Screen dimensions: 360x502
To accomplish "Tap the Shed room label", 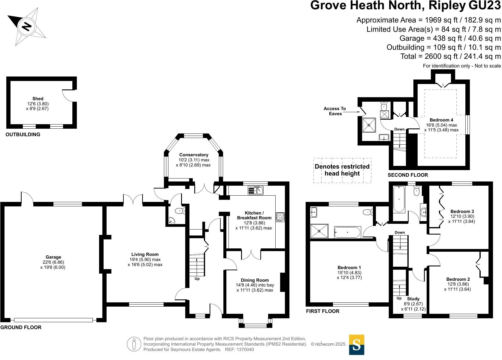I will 38,99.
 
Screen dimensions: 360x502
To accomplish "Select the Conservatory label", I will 194,155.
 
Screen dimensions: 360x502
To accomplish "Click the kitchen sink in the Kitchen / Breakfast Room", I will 255,190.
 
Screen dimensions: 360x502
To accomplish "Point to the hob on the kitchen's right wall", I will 280,217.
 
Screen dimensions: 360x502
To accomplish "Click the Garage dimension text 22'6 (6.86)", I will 53,262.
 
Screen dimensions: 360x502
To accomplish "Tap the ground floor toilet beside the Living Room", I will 180,211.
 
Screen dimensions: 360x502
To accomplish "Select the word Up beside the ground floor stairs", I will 197,279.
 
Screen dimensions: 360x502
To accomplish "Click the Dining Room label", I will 255,280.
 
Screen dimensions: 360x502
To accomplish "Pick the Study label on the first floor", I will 413,299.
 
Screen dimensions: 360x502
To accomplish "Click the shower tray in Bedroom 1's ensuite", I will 319,231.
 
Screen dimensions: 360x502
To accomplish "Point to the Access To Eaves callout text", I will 335,111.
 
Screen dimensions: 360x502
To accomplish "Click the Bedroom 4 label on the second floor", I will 441,120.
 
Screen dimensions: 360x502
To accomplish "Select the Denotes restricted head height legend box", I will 342,170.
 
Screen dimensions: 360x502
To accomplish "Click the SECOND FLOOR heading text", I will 408,175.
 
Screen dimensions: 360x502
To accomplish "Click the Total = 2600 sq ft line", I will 450,56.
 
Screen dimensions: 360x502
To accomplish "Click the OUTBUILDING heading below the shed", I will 23,134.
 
